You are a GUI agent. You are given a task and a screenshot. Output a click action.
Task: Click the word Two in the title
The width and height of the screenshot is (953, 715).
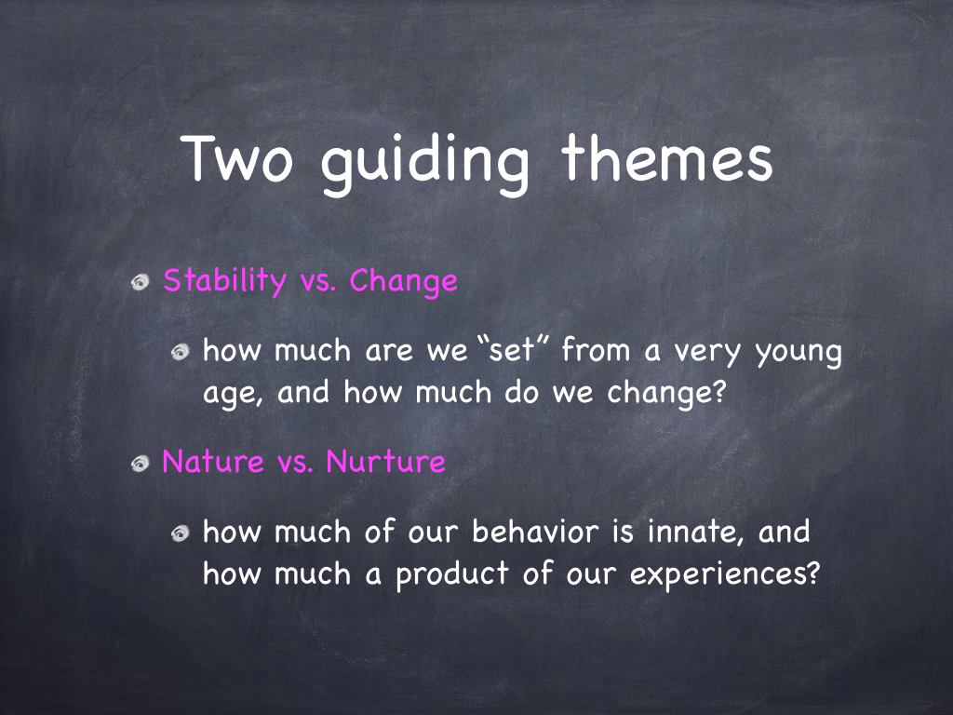[237, 158]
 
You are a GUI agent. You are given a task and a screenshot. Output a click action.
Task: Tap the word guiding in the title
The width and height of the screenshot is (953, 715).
[424, 164]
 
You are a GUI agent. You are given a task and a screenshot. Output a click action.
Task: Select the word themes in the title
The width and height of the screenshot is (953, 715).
[666, 157]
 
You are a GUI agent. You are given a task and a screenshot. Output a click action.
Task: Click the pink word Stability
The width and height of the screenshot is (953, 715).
[225, 281]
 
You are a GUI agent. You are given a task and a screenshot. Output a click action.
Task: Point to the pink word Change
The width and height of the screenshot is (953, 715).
[404, 281]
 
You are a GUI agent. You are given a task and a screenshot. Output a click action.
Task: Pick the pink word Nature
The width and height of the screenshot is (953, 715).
[213, 462]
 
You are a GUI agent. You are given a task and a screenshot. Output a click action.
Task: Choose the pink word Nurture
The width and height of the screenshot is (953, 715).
[386, 462]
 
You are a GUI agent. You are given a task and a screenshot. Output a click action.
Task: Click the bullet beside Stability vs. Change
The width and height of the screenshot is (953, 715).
[141, 282]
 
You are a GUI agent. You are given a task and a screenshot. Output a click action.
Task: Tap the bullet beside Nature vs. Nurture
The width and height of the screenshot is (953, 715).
[141, 464]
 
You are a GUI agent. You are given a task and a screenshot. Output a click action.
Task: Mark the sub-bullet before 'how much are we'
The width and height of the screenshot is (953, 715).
[180, 352]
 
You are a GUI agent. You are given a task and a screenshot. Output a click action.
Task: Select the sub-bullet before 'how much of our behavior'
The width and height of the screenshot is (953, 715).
[180, 533]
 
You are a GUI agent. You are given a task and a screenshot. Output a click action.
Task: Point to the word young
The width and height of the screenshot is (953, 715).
[799, 354]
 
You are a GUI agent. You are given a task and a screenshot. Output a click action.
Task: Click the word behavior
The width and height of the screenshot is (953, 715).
[535, 532]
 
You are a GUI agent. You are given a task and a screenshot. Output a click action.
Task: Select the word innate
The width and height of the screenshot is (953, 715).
[695, 532]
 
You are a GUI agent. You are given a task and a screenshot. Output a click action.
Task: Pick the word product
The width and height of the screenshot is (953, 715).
[452, 573]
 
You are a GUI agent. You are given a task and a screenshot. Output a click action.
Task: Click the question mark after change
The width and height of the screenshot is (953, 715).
[719, 392]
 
